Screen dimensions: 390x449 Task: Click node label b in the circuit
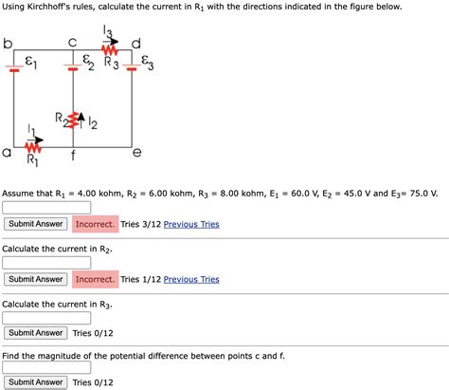[8, 44]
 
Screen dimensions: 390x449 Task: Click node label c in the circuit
[73, 42]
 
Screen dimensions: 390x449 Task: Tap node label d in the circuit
[136, 43]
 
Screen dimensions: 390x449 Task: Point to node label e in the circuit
[137, 152]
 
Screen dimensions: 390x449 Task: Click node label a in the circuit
[8, 152]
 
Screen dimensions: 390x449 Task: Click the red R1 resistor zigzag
[33, 148]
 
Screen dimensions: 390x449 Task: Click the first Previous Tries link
[191, 224]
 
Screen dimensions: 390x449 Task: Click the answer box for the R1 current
[46, 207]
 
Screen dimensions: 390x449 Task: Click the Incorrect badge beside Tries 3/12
[95, 224]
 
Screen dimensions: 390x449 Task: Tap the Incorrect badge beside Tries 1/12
[95, 279]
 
